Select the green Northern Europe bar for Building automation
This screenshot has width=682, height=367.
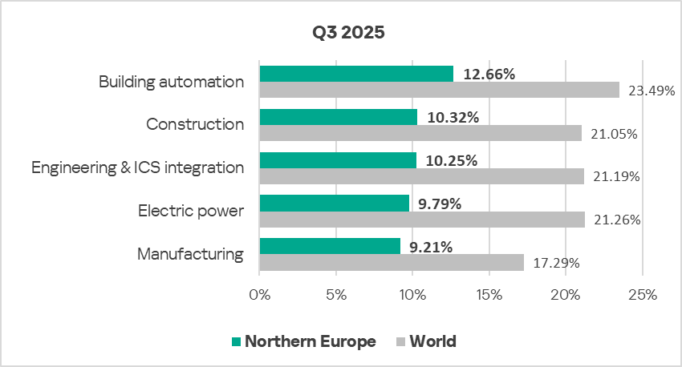point(356,74)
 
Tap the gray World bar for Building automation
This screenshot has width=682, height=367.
point(439,90)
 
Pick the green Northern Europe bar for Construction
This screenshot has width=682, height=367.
point(338,117)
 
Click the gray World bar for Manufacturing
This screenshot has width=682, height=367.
point(392,262)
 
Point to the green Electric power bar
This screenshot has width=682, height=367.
point(334,203)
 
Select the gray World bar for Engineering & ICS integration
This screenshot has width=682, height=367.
point(421,176)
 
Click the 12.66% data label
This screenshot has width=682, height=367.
point(489,75)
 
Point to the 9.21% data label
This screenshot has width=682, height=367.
point(431,247)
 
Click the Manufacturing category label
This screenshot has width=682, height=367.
point(190,254)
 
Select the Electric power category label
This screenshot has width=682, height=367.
point(191,211)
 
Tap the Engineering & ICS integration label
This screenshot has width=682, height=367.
point(137,167)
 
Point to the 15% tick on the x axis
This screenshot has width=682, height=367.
point(489,294)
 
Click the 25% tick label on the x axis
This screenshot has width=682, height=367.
point(642,294)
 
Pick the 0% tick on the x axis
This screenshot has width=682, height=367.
point(260,294)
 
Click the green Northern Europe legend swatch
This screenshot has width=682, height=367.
point(236,342)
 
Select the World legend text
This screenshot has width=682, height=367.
point(432,341)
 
